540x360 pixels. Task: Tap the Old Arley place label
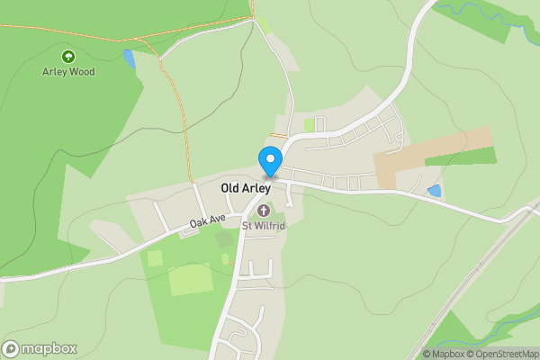click(x=246, y=189)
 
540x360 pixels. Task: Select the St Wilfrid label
click(x=263, y=225)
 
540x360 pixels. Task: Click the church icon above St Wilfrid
click(x=263, y=211)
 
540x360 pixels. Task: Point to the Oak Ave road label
click(x=206, y=220)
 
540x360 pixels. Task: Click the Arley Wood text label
click(x=68, y=71)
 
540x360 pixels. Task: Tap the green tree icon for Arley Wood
click(x=68, y=56)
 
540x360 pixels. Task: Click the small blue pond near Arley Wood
click(x=130, y=60)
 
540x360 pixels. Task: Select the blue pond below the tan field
click(x=436, y=191)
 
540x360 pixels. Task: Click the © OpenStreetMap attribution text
click(x=505, y=354)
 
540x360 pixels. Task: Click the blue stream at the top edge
click(x=477, y=9)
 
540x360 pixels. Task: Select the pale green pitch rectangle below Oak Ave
click(x=190, y=278)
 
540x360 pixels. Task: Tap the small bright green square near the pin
click(x=310, y=125)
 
